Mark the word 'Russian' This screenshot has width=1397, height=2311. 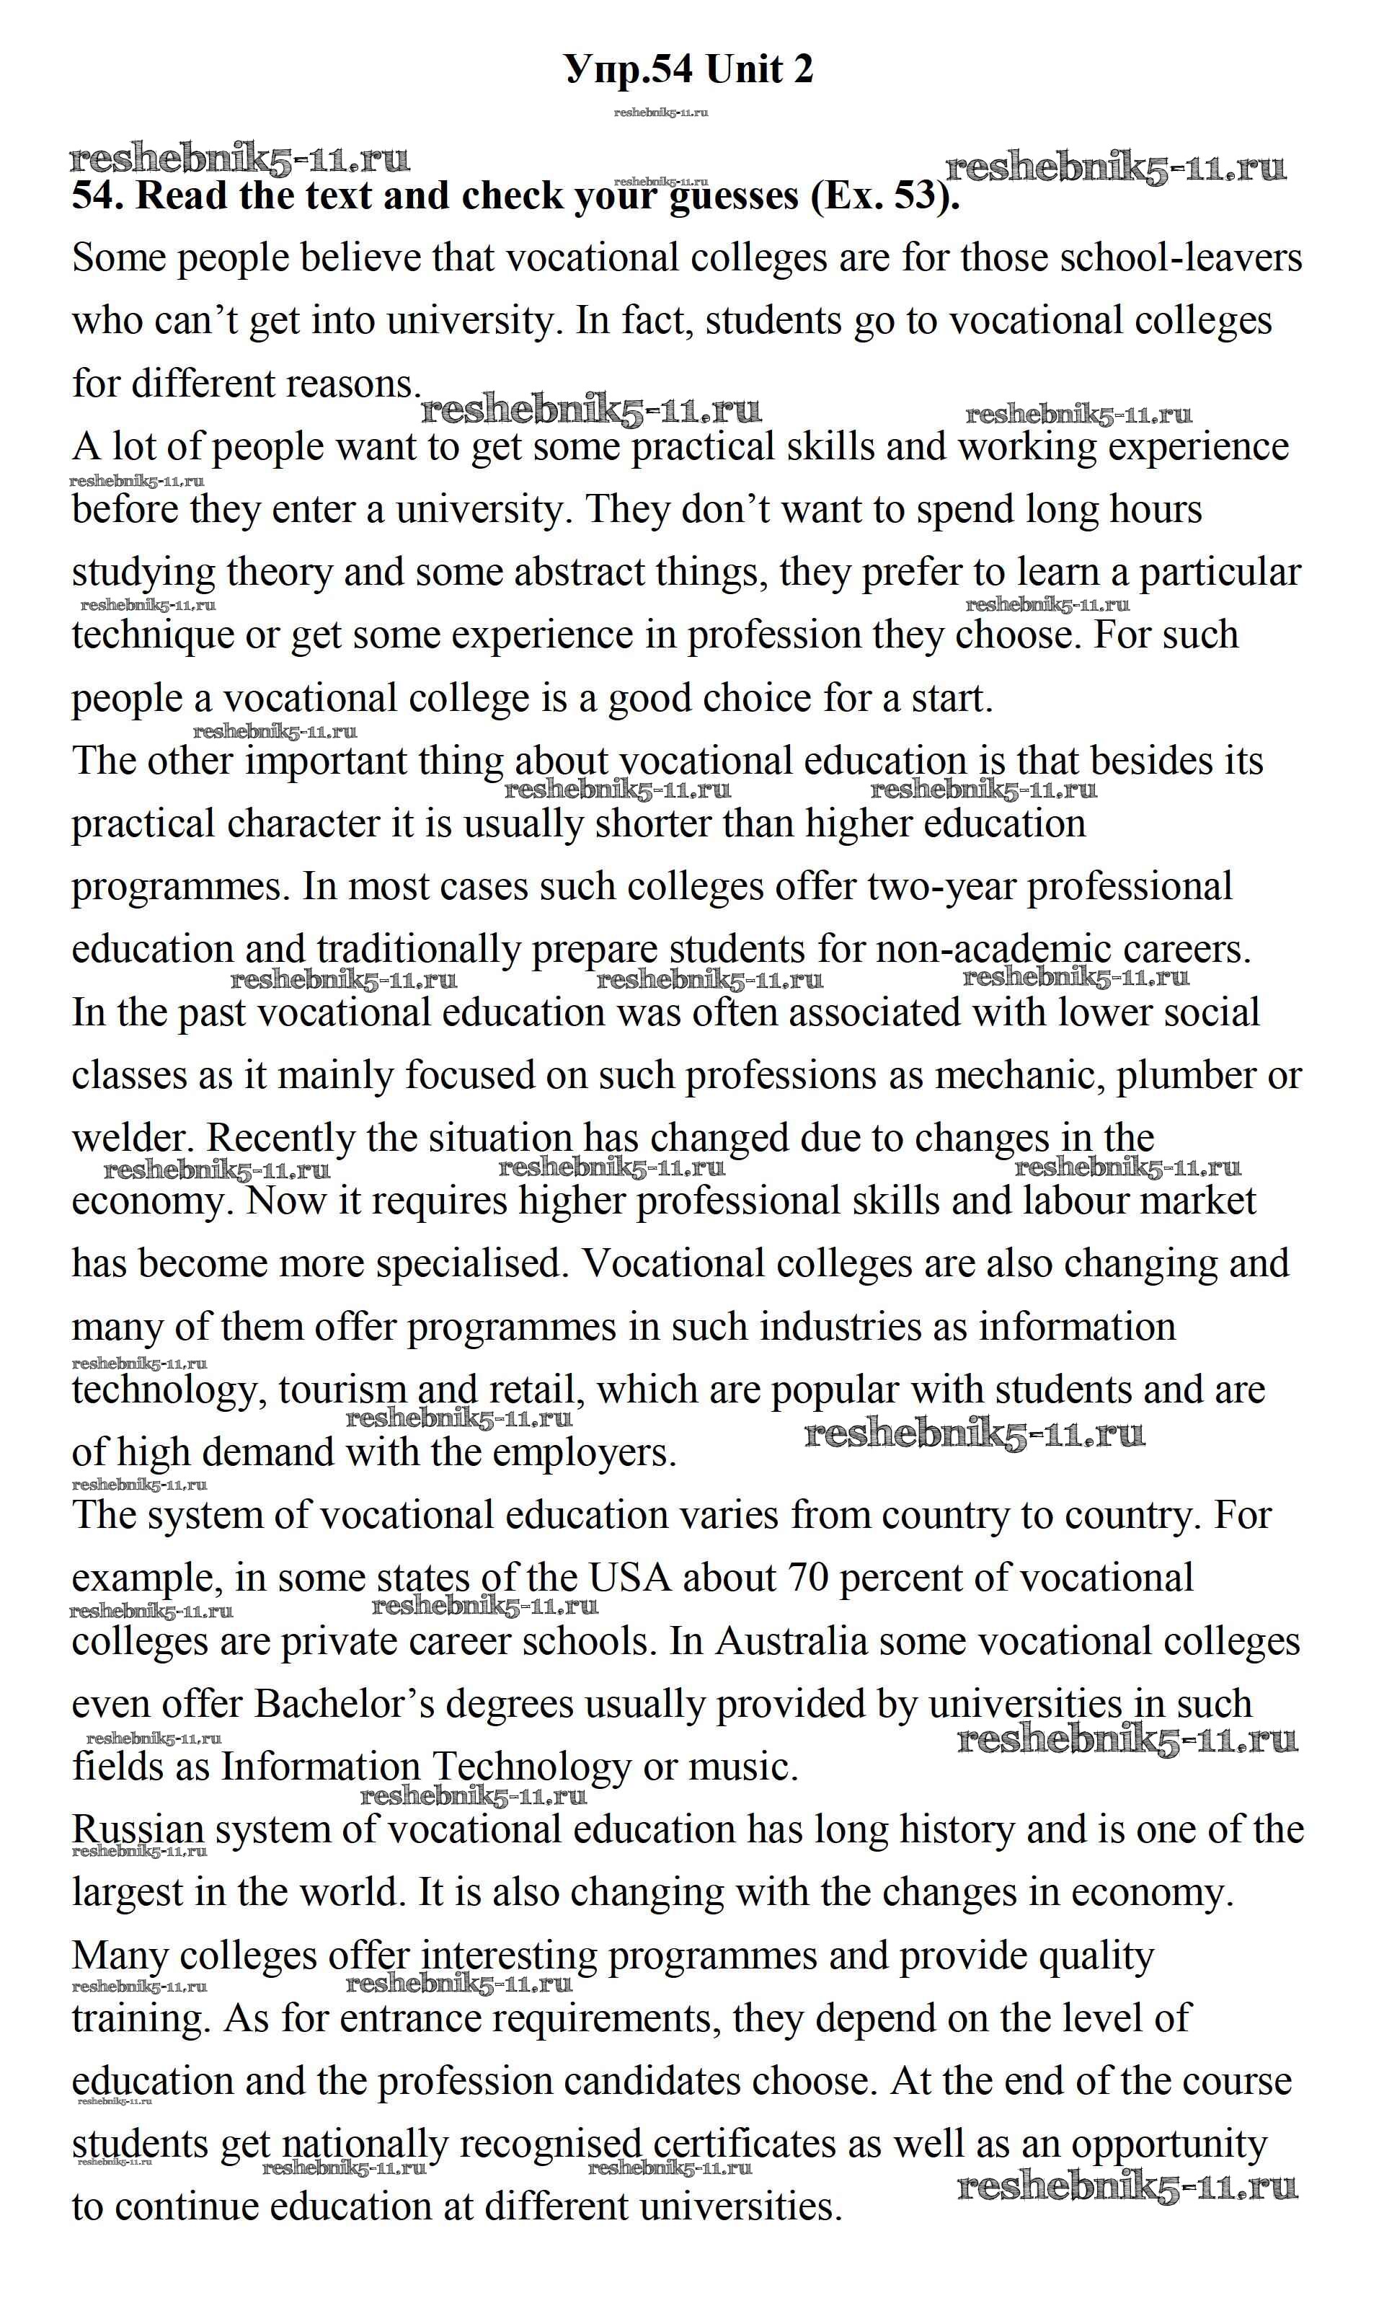pos(138,1830)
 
